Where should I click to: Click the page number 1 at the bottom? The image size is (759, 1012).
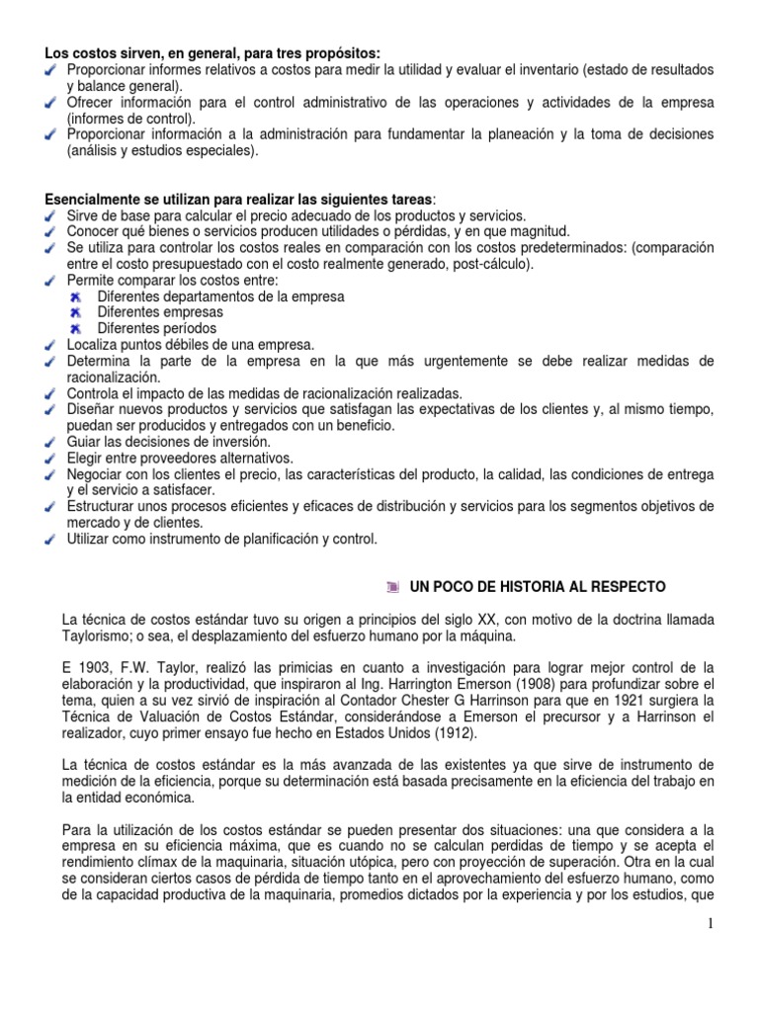[710, 923]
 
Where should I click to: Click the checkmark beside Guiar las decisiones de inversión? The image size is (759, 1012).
[51, 442]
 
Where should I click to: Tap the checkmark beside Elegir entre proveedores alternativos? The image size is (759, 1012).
[51, 459]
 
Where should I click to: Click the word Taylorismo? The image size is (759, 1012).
[98, 635]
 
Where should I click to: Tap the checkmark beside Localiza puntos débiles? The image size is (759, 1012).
[51, 345]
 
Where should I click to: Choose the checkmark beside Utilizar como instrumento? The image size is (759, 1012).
[51, 539]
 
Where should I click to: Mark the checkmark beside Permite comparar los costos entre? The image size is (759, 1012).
[51, 281]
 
